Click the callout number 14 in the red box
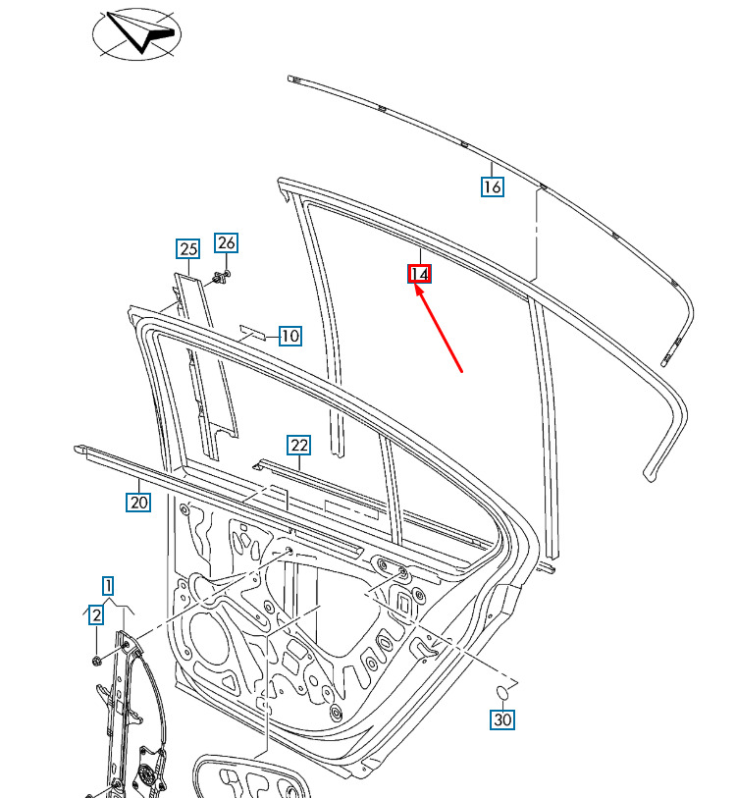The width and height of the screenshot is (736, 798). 419,274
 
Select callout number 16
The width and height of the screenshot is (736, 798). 493,186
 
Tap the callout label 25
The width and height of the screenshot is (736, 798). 188,249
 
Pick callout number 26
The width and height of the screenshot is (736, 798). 226,242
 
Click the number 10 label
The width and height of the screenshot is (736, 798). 290,336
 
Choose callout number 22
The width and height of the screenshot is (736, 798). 298,446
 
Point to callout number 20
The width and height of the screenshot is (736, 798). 138,502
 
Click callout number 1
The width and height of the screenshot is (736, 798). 108,586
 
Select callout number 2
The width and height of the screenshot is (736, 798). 96,614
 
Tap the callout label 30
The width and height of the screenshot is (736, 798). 502,719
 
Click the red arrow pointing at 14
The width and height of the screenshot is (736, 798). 439,329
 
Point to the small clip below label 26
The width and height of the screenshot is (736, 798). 222,279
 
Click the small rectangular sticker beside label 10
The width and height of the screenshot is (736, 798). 253,332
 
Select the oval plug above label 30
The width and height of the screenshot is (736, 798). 502,693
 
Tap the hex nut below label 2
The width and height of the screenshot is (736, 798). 96,661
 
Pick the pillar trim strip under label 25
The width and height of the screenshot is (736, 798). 205,365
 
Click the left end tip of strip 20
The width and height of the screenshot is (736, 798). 77,450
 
